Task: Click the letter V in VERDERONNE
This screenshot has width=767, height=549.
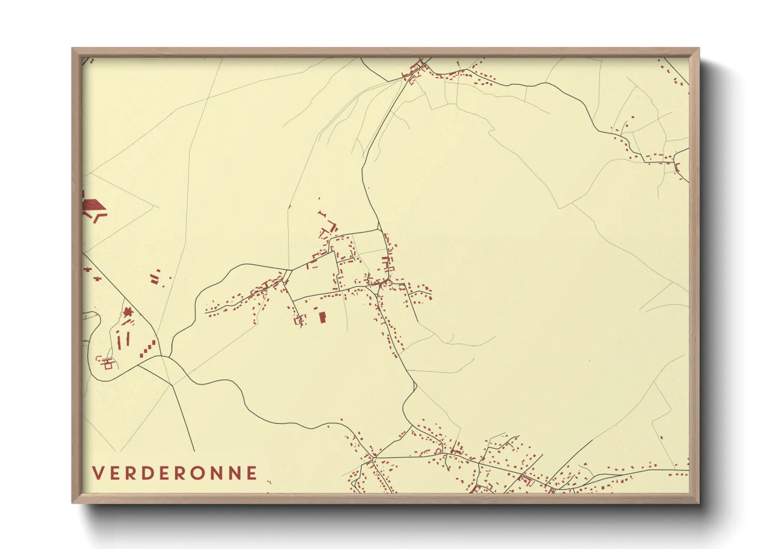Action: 98,473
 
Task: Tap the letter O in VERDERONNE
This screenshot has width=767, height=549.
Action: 201,473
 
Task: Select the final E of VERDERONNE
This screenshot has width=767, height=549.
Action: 252,473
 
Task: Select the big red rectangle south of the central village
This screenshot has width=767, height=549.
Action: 322,317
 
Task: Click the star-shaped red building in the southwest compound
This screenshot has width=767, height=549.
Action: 127,312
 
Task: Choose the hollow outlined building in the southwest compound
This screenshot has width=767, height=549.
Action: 108,364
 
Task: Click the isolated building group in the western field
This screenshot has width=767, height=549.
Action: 155,278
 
